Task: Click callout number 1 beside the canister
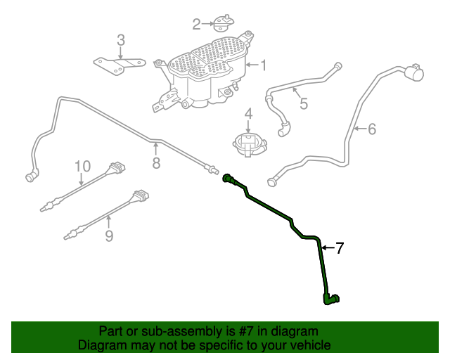(x=264, y=66)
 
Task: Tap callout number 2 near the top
(x=197, y=25)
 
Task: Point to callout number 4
(x=248, y=114)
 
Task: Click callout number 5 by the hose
(x=304, y=104)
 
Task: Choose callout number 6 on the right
(x=372, y=129)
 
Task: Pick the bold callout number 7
(x=340, y=247)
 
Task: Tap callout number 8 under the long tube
(x=156, y=163)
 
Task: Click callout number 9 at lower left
(x=109, y=236)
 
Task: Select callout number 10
(x=83, y=166)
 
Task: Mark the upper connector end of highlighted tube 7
(x=229, y=179)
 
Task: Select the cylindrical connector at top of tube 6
(x=415, y=73)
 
